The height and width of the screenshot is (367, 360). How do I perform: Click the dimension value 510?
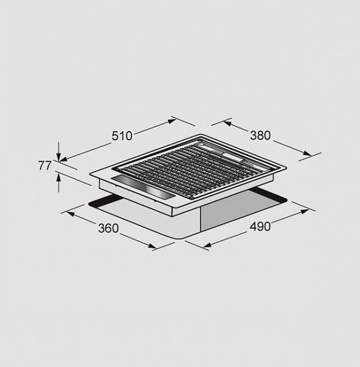(x=122, y=136)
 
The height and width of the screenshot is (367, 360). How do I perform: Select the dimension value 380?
(x=260, y=136)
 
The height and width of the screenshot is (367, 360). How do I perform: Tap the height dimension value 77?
(x=44, y=166)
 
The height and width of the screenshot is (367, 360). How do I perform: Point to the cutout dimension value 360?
(x=109, y=228)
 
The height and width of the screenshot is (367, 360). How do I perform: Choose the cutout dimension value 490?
(x=260, y=226)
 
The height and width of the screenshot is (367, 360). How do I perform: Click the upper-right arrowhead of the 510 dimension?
(x=172, y=121)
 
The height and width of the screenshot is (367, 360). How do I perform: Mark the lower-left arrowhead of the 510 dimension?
(x=63, y=159)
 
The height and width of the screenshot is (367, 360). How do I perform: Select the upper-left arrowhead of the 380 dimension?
(x=227, y=123)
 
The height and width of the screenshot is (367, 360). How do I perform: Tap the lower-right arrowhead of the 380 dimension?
(x=307, y=153)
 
